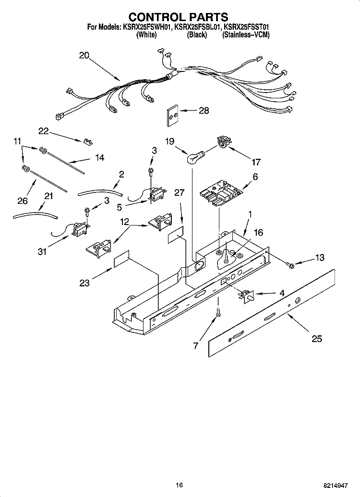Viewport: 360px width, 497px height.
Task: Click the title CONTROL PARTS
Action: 180,17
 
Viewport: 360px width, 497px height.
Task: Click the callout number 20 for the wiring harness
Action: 84,56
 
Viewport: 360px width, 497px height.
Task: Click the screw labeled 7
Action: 218,313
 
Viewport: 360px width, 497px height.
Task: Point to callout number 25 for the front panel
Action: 316,339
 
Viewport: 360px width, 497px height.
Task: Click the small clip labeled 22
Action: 87,141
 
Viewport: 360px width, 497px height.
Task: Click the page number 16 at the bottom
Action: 180,485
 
